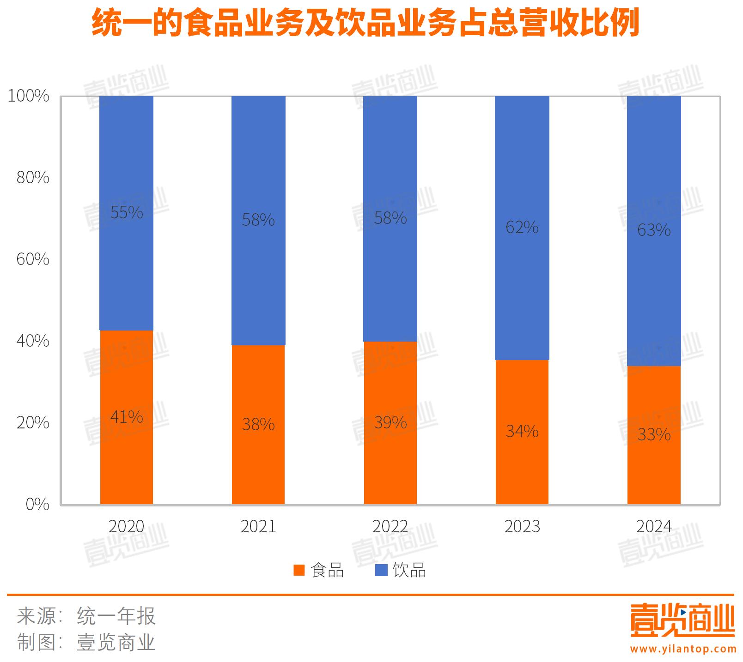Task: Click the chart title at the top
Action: [x=365, y=23]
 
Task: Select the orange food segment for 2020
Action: [x=126, y=462]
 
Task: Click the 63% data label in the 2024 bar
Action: [x=654, y=230]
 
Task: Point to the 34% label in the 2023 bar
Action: [x=522, y=431]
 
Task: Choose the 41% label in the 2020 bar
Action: [x=126, y=417]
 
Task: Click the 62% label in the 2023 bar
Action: [x=522, y=227]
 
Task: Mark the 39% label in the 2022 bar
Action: [x=390, y=422]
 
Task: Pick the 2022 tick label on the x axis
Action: [x=390, y=526]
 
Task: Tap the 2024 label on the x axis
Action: [x=654, y=526]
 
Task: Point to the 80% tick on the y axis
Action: [x=33, y=178]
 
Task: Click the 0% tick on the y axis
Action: [x=37, y=504]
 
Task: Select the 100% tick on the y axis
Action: [x=29, y=96]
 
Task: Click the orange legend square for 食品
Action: [x=299, y=571]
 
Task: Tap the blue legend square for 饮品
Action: [x=381, y=571]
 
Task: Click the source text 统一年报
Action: [x=116, y=616]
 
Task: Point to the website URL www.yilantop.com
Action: [x=683, y=649]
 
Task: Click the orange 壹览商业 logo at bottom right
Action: [x=682, y=620]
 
